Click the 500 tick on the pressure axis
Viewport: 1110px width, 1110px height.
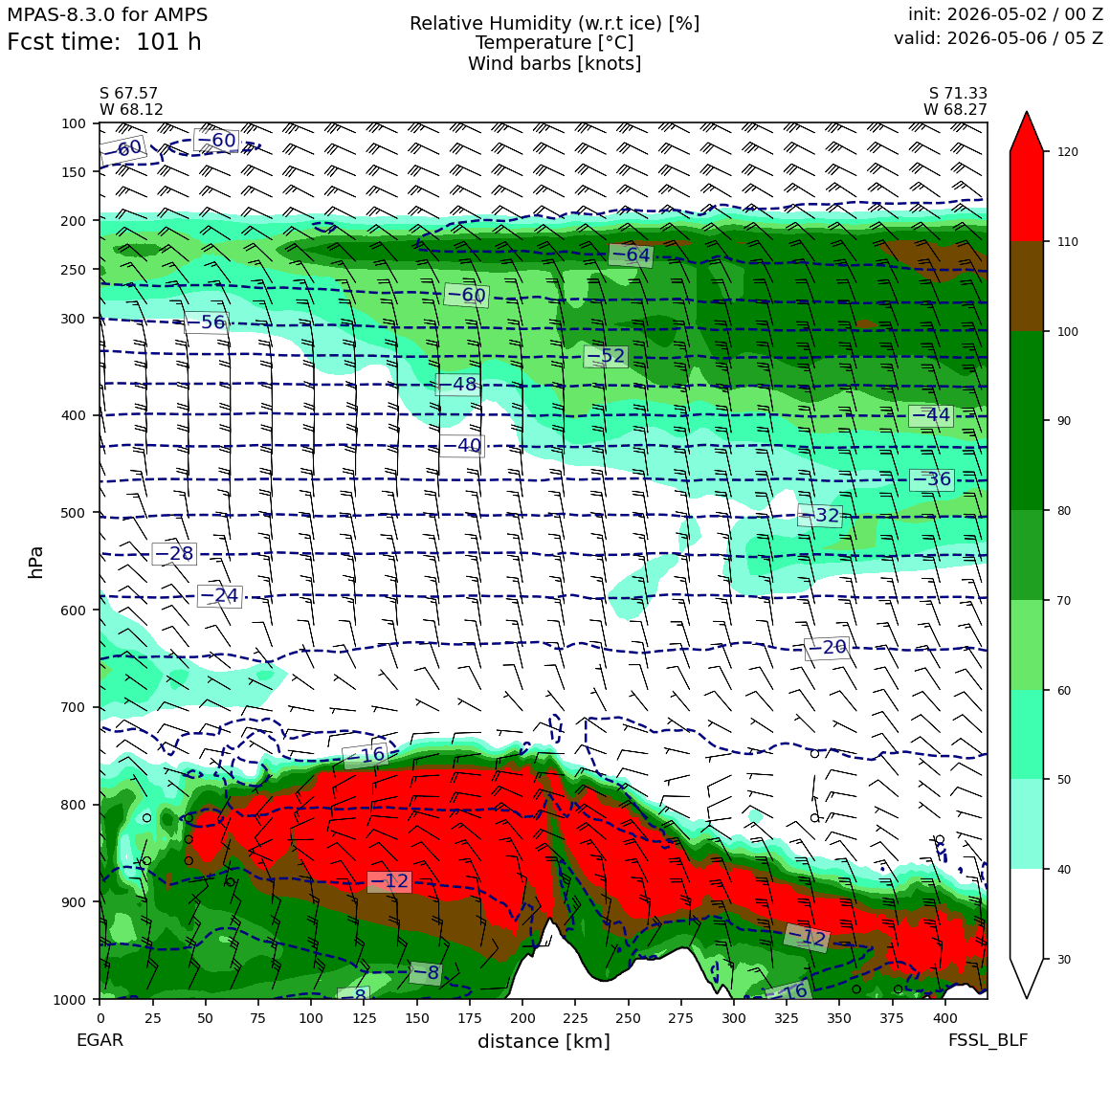[74, 513]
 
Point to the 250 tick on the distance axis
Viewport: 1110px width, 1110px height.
[628, 1018]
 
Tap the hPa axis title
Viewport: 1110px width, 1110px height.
[35, 563]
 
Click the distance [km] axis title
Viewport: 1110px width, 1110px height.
[544, 1041]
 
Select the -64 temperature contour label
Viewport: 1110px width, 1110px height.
[630, 255]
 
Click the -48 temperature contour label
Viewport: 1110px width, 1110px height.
[457, 385]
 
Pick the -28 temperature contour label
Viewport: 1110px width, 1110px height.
[173, 554]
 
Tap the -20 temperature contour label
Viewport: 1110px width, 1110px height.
[827, 647]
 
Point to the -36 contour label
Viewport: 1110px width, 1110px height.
[932, 479]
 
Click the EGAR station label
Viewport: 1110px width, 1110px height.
[100, 1040]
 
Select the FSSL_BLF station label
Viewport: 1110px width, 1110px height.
[988, 1040]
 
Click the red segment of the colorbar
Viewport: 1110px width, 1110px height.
[1027, 196]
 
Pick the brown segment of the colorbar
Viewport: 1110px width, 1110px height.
[1027, 286]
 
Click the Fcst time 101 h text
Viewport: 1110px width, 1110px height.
[104, 42]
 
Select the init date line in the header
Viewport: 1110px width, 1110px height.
[1006, 14]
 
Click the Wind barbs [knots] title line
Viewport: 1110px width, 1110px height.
[554, 64]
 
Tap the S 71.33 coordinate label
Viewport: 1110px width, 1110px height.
[958, 94]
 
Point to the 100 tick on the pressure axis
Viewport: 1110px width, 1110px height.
[74, 123]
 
